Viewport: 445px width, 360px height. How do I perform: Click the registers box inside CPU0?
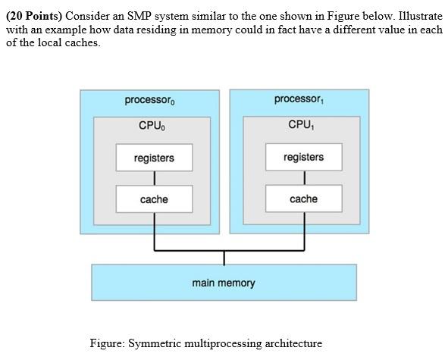click(x=154, y=158)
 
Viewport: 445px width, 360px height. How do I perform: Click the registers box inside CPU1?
click(x=303, y=157)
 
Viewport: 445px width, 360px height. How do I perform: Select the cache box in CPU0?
click(x=154, y=199)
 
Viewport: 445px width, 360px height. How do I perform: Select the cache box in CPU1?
click(x=303, y=199)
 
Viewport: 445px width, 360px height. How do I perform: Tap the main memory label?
click(x=224, y=283)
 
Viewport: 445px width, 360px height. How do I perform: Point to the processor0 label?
click(x=150, y=100)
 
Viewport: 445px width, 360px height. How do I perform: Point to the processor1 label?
click(x=299, y=99)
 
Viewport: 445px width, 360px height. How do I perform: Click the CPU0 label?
click(x=150, y=126)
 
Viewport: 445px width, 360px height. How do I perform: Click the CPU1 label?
click(x=299, y=125)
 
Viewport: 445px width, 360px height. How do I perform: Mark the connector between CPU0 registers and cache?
click(x=154, y=178)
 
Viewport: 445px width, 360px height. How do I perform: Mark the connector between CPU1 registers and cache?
click(x=304, y=177)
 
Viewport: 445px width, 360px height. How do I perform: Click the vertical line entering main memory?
click(x=224, y=257)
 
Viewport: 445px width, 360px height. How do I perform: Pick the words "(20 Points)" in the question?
click(x=34, y=15)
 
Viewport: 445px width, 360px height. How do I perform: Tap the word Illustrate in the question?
click(x=415, y=15)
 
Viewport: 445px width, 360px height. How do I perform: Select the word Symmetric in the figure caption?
click(x=155, y=343)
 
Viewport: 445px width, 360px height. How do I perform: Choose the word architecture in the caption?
click(x=293, y=343)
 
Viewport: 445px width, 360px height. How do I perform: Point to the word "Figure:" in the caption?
click(x=107, y=343)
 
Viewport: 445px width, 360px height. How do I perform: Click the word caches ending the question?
click(x=80, y=42)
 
